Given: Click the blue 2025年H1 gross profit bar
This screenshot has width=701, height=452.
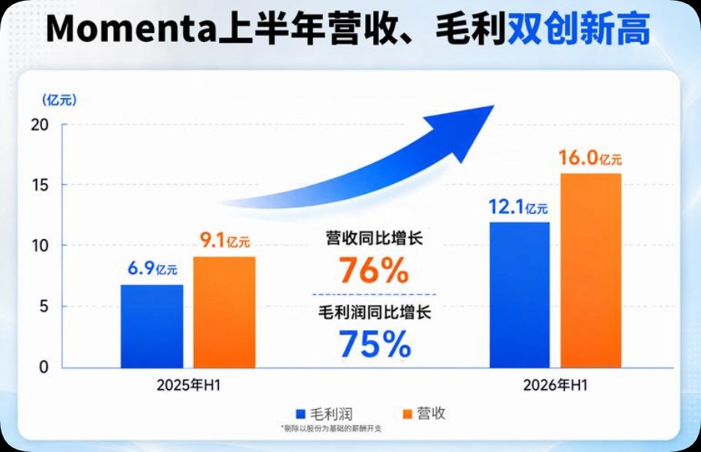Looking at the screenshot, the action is click(x=152, y=326).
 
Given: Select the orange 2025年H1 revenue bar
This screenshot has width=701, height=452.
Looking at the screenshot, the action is click(x=224, y=313).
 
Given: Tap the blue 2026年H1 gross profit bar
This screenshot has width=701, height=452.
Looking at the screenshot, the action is click(x=520, y=295).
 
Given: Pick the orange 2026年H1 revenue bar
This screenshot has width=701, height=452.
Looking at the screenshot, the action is click(x=591, y=270).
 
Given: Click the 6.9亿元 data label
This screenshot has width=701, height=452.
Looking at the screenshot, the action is click(x=152, y=268).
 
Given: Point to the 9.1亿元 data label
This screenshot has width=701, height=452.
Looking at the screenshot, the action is click(x=225, y=241).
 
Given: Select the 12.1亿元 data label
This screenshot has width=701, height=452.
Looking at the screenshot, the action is click(x=518, y=207).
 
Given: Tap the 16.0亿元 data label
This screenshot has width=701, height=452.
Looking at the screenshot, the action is click(x=590, y=158).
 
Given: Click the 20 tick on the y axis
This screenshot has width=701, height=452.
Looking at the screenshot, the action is click(x=40, y=125).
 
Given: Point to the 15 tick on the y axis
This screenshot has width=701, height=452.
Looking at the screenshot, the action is click(x=41, y=185).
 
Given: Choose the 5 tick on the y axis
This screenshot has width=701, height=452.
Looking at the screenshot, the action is click(x=44, y=306).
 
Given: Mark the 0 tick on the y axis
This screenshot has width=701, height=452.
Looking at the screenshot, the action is click(x=44, y=367).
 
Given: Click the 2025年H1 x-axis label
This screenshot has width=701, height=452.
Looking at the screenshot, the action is click(x=189, y=385).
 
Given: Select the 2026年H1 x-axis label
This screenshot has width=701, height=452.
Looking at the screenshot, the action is click(x=556, y=385).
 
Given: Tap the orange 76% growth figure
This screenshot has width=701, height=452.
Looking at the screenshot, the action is click(x=373, y=270).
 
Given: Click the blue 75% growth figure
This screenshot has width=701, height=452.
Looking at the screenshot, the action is click(x=375, y=344).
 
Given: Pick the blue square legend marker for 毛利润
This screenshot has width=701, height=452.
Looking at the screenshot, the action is click(x=301, y=414).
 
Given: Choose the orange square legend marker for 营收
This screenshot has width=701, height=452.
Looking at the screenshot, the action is click(x=407, y=414).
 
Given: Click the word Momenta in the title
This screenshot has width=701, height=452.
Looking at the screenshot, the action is click(x=131, y=29).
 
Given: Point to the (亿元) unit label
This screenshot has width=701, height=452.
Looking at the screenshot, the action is click(x=59, y=100).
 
